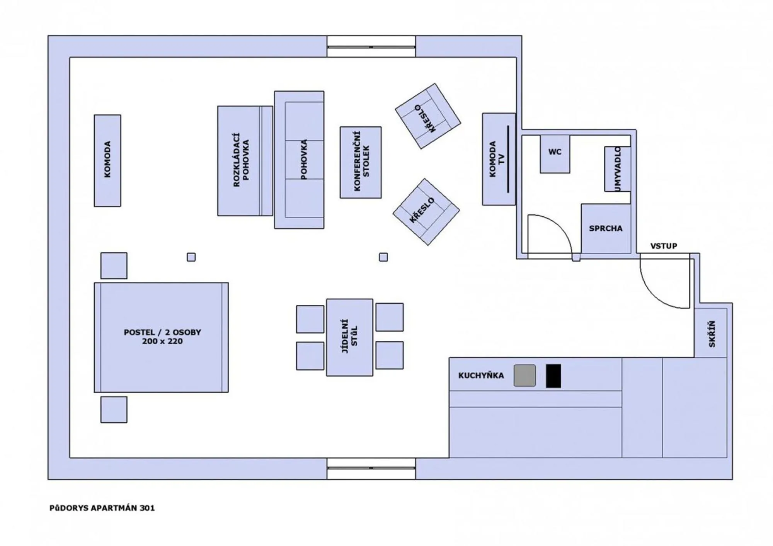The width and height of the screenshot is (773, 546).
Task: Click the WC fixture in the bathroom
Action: [x=555, y=153]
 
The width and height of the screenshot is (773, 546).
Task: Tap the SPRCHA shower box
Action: [x=606, y=228]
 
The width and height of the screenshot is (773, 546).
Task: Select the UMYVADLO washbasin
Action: [x=617, y=169]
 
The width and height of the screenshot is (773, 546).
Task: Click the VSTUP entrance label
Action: [x=663, y=246]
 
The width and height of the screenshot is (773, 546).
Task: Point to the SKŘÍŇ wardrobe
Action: [x=711, y=333]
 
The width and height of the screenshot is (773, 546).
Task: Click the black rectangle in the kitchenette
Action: [x=553, y=376]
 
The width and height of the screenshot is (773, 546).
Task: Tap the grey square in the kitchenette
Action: [x=524, y=375]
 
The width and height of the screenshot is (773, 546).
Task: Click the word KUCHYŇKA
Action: [x=481, y=376]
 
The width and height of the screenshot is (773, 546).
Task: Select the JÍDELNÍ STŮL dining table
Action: [x=349, y=337]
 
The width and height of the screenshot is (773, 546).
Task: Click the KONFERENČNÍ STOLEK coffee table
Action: [x=361, y=162]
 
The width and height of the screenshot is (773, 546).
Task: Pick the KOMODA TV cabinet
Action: [x=498, y=159]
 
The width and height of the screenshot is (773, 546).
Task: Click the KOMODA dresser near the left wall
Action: [x=107, y=160]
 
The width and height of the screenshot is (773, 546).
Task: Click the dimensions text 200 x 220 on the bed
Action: [x=162, y=341]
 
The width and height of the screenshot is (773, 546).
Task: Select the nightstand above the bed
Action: [x=114, y=265]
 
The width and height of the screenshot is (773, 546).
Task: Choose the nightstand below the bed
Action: [x=114, y=409]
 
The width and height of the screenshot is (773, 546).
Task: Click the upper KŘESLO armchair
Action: [x=427, y=116]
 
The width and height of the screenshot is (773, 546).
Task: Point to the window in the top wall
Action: [x=371, y=47]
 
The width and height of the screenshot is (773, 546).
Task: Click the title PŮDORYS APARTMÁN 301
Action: [x=102, y=508]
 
